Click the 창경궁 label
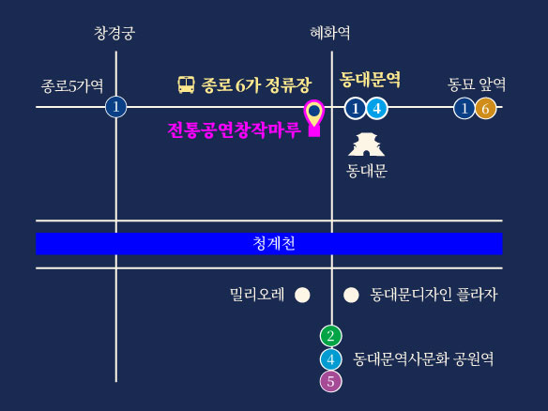[114, 33]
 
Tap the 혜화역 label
[330, 33]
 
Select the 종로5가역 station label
[72, 86]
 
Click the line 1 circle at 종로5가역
[116, 107]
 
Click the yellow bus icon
[187, 84]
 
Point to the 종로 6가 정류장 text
[256, 85]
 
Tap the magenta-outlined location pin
[314, 117]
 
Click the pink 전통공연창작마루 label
[235, 130]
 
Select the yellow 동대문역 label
[370, 80]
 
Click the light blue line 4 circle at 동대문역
[377, 109]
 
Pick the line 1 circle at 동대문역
[356, 109]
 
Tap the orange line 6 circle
[485, 109]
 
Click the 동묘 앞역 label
[477, 84]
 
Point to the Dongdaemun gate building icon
[366, 144]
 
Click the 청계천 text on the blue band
[274, 243]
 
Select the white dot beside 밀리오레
[302, 295]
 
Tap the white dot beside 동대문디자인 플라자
[351, 295]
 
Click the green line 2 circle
[331, 336]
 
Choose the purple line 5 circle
[331, 381]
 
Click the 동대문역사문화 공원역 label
[423, 359]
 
